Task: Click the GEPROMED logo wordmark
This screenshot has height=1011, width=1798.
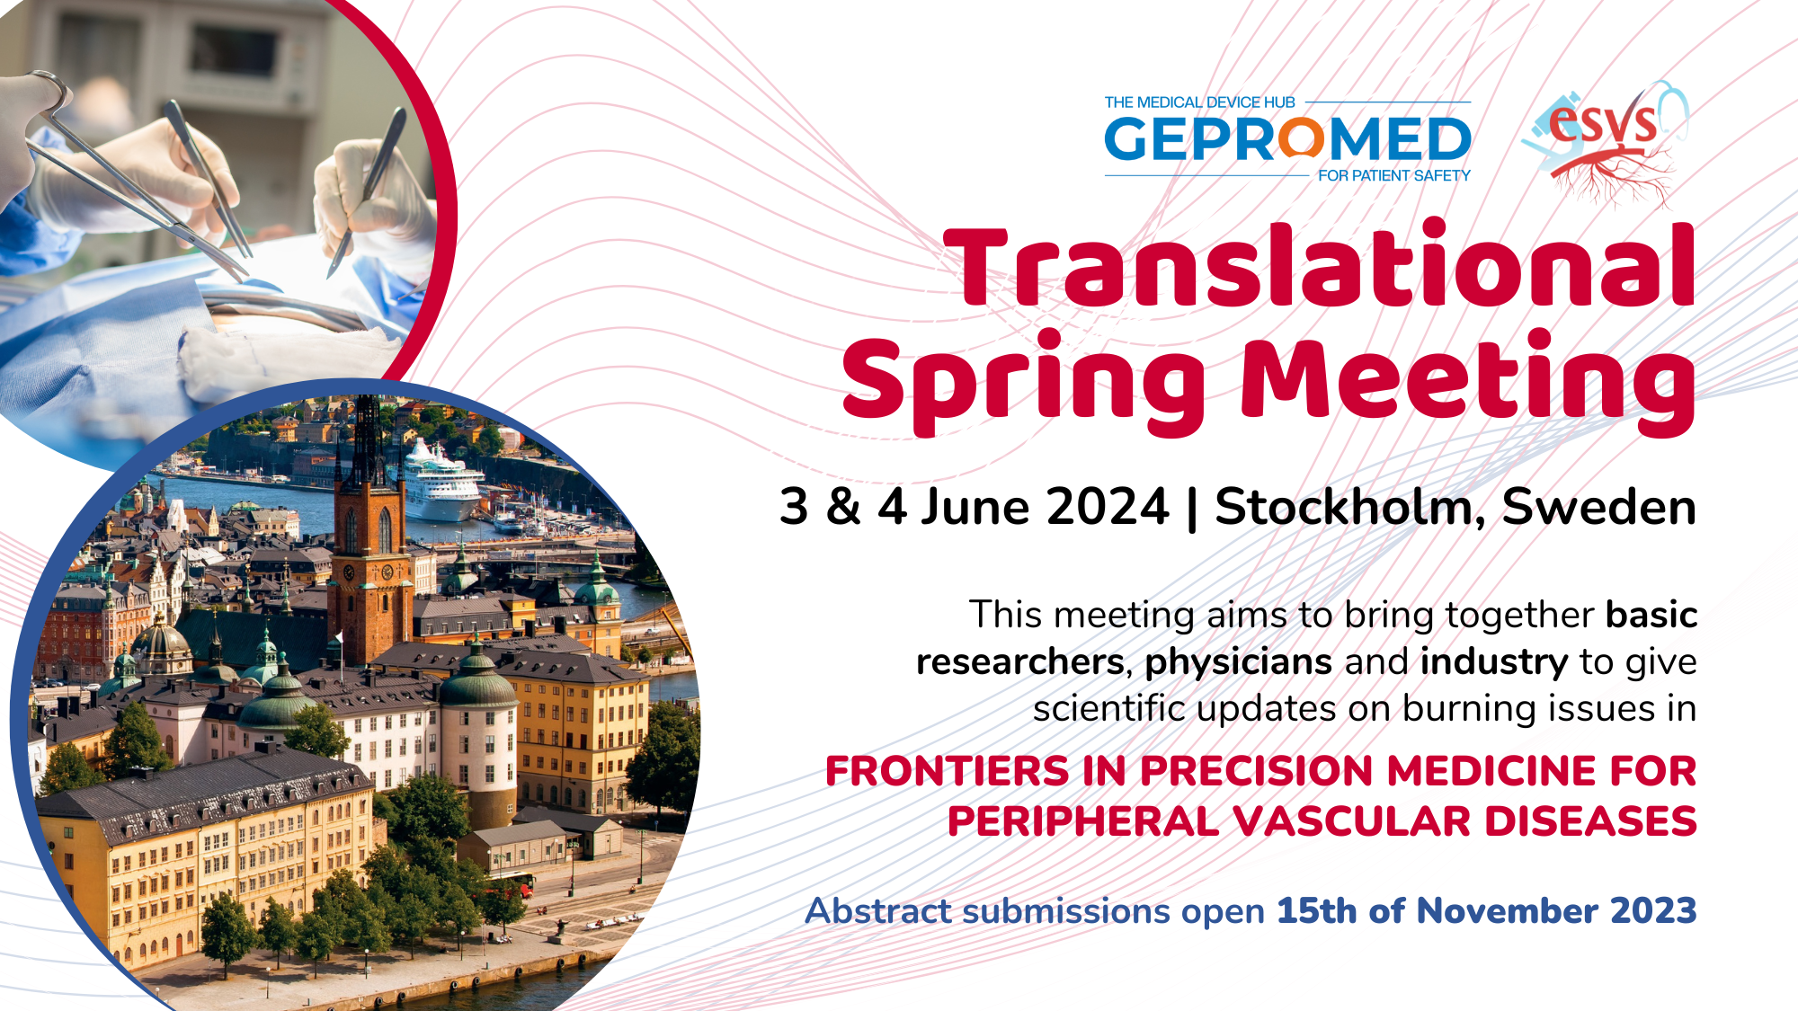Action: [x=1287, y=139]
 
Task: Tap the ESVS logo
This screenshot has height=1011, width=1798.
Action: [x=1606, y=141]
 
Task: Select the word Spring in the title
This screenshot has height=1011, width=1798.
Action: [x=1023, y=381]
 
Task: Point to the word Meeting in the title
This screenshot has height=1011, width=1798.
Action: [x=1468, y=381]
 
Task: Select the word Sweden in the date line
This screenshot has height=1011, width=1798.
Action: [x=1599, y=507]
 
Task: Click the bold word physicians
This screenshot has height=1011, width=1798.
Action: [x=1238, y=662]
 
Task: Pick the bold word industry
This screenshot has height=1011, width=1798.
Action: [x=1494, y=662]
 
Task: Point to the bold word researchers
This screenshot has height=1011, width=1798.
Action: [x=1019, y=662]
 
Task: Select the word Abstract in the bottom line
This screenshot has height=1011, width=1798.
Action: [x=877, y=910]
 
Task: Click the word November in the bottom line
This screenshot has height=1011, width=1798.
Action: [x=1509, y=910]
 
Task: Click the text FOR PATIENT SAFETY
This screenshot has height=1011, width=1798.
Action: [x=1394, y=175]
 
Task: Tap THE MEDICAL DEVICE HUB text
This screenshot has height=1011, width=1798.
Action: [x=1199, y=102]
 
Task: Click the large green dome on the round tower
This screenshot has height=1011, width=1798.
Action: [x=477, y=684]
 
